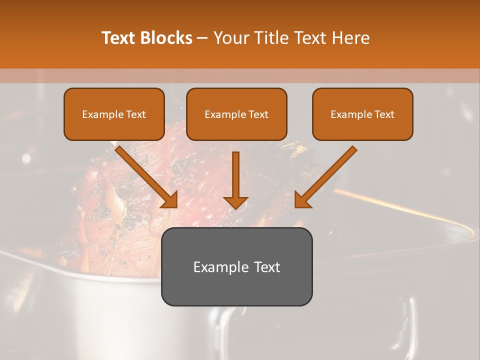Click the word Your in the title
[x=229, y=38]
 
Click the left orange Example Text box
[x=114, y=114]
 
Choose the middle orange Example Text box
[x=236, y=114]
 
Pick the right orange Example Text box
[x=362, y=114]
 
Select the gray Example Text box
[x=236, y=267]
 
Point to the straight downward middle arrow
[x=235, y=175]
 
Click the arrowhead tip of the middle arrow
[x=235, y=207]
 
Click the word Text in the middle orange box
[x=258, y=114]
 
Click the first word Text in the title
[x=119, y=38]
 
